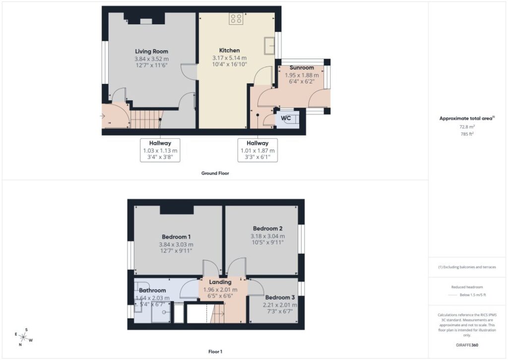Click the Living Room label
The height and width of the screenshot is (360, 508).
[x=152, y=51]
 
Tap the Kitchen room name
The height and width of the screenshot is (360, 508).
[x=229, y=50]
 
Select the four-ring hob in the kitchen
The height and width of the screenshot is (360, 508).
[x=236, y=19]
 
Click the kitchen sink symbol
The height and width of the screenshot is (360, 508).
[x=269, y=46]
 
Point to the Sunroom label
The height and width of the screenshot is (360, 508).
[x=302, y=68]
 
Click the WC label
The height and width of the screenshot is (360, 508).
[x=286, y=118]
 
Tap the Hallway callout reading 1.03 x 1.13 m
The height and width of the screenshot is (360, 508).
[x=160, y=150]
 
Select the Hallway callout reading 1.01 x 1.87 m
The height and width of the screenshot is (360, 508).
[x=257, y=150]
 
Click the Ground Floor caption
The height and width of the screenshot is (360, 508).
[x=215, y=173]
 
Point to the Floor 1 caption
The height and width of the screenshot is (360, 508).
[x=215, y=352]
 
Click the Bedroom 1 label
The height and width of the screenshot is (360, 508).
[x=176, y=237]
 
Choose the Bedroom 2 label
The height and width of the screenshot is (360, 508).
[x=267, y=228]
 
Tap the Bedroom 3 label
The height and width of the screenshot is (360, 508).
[x=280, y=297]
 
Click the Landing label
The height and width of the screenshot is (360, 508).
[x=220, y=282]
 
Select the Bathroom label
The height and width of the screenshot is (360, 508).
[x=152, y=290]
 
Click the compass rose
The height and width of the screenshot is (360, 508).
[x=23, y=337]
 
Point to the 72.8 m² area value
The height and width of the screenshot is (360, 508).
[x=467, y=127]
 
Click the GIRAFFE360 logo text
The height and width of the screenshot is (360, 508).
[x=467, y=345]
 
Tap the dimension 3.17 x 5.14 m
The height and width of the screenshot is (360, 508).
[x=229, y=58]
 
